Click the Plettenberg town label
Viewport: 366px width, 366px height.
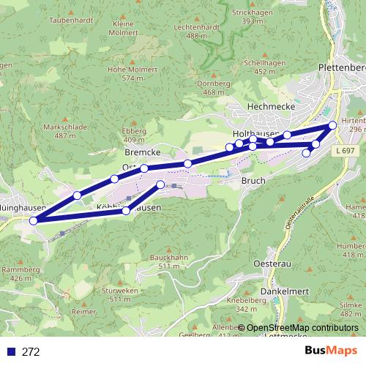[342, 67]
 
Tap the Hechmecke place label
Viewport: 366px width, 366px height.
[250, 106]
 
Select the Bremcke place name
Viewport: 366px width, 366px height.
[143, 152]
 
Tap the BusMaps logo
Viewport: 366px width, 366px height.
[332, 351]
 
